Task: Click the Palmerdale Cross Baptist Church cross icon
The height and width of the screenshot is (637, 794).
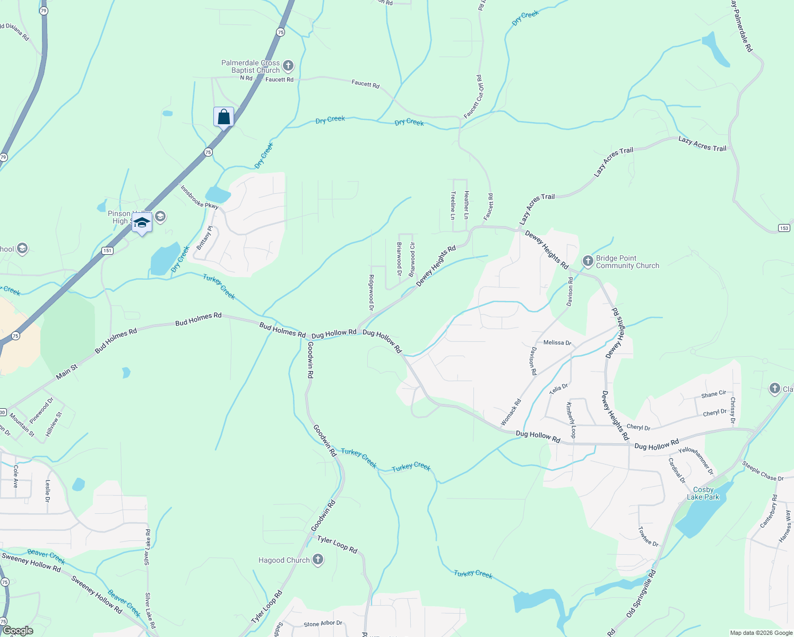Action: pyautogui.click(x=288, y=66)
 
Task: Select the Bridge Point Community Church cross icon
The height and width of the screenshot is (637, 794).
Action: pyautogui.click(x=588, y=261)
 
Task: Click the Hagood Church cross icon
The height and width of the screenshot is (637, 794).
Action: pyautogui.click(x=317, y=559)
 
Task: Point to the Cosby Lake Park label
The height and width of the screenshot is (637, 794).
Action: pyautogui.click(x=703, y=494)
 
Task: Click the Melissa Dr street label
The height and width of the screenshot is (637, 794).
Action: pyautogui.click(x=557, y=343)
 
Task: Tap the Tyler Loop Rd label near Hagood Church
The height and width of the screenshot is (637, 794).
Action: pyautogui.click(x=338, y=545)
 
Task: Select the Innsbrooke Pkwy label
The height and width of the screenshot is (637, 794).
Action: pyautogui.click(x=199, y=197)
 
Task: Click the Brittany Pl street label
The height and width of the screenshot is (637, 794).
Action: pyautogui.click(x=204, y=238)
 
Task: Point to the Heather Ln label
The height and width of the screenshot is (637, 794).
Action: pyautogui.click(x=466, y=205)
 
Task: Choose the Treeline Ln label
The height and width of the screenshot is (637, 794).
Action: pyautogui.click(x=453, y=205)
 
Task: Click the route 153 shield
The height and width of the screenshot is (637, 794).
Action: pyautogui.click(x=784, y=228)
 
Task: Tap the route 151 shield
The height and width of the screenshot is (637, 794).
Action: pyautogui.click(x=108, y=251)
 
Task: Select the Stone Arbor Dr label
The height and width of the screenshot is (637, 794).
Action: pyautogui.click(x=323, y=624)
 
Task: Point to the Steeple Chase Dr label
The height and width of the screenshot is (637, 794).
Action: pyautogui.click(x=763, y=471)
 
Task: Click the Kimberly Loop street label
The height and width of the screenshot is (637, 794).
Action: pyautogui.click(x=571, y=420)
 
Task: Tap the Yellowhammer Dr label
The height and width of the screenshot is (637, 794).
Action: pyautogui.click(x=696, y=461)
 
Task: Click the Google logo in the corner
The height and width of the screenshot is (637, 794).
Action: pyautogui.click(x=18, y=631)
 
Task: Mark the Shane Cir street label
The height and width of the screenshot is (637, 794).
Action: pyautogui.click(x=713, y=394)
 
